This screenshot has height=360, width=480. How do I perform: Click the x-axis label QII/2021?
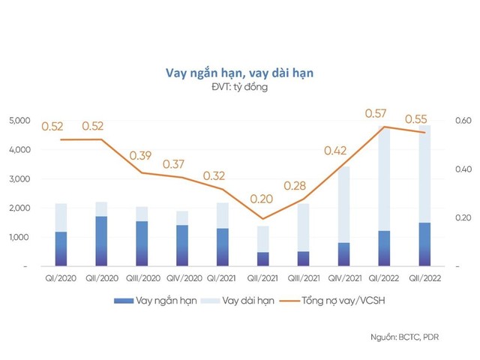(262, 278)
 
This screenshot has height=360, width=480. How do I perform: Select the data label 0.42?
(336, 150)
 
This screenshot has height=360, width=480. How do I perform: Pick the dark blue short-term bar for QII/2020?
(100, 241)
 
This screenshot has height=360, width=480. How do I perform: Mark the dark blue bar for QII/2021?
(262, 259)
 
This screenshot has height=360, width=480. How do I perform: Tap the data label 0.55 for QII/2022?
(417, 119)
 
